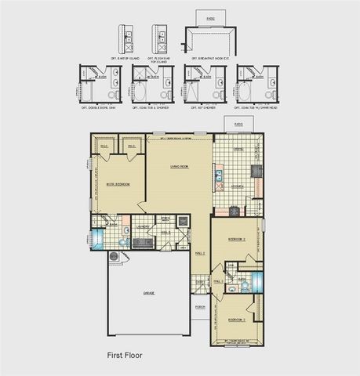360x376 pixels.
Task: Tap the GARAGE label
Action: tap(148, 293)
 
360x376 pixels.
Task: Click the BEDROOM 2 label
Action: tap(238, 238)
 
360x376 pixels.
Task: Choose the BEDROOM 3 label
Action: tap(237, 320)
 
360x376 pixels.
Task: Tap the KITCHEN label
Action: tap(235, 186)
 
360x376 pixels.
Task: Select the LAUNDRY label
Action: tap(143, 227)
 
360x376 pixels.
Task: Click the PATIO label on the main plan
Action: tap(238, 124)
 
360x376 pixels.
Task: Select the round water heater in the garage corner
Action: tap(115, 256)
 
